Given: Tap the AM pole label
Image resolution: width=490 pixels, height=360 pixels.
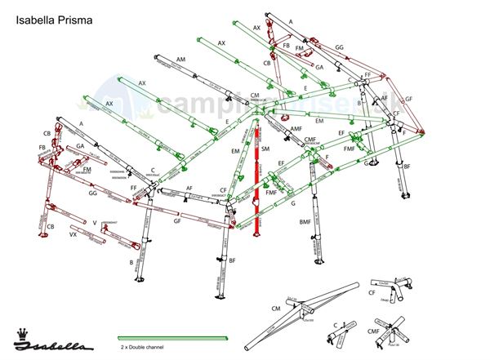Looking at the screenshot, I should click(x=180, y=60).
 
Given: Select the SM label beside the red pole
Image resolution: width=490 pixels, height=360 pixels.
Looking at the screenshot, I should click(x=265, y=148).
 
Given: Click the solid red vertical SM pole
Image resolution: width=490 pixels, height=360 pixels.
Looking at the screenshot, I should click(x=256, y=180).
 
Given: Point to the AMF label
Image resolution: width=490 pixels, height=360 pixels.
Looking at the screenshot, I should click(x=296, y=129).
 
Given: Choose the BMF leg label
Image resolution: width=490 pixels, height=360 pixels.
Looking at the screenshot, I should click(x=305, y=222).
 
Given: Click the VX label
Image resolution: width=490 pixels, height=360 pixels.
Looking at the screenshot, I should click(x=73, y=234).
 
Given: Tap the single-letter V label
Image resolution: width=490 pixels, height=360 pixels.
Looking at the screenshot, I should click(x=95, y=222).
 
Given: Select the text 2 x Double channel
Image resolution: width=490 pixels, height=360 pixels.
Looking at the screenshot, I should click(x=141, y=348).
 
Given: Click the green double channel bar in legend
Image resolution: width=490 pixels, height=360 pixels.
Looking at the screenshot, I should click(x=172, y=338).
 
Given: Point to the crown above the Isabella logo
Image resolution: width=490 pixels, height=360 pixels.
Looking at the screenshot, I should click(x=20, y=331).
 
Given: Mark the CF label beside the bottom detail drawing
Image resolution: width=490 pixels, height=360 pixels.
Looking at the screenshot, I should click(x=372, y=291).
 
